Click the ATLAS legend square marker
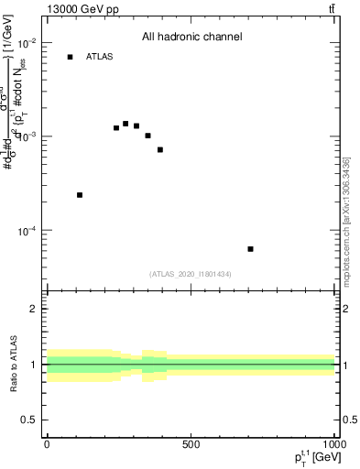click(x=70, y=57)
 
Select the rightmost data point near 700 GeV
click(x=250, y=249)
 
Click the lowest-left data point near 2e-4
click(x=80, y=195)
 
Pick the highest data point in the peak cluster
click(x=125, y=124)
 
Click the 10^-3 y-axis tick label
click(x=27, y=136)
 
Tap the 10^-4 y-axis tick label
click(x=27, y=230)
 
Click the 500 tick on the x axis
click(x=191, y=444)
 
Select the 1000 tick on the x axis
click(x=333, y=444)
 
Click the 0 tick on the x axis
click(x=47, y=444)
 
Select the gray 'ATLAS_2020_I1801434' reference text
click(x=191, y=274)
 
